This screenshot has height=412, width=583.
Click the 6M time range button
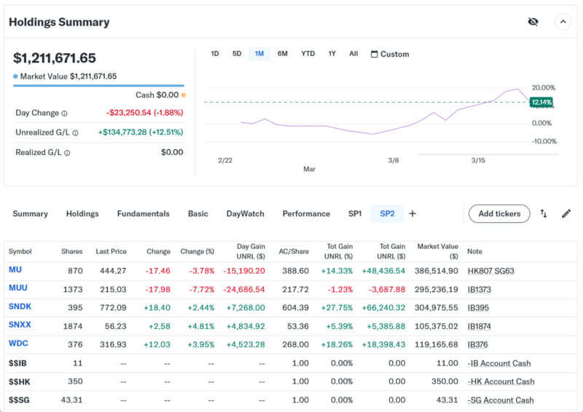point(283,54)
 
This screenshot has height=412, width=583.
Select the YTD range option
point(308,54)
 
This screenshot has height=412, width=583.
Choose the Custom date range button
point(390,54)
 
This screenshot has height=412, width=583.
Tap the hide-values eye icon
point(533,22)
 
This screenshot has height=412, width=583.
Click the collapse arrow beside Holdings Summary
point(563,22)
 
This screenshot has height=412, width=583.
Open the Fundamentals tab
point(143,214)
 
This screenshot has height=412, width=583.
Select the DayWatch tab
point(246,214)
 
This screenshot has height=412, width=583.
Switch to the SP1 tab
point(355,214)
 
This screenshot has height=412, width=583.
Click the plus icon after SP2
point(412,214)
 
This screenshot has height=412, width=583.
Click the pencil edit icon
point(566,214)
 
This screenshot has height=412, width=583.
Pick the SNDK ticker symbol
point(20,307)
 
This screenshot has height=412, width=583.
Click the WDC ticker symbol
point(18,344)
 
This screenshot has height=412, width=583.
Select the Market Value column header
point(437,251)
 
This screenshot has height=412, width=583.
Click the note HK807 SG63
point(490,270)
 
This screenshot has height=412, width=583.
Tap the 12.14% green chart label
point(541,103)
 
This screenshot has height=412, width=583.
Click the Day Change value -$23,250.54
point(144,113)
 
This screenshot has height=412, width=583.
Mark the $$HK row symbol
point(19,381)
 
